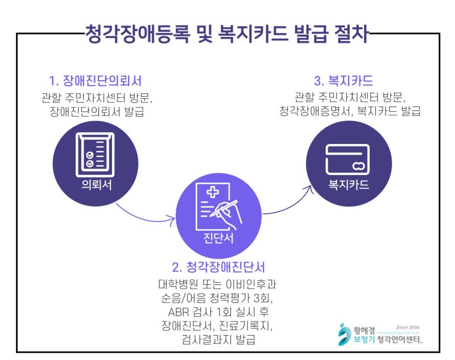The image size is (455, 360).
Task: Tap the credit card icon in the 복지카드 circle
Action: click(x=349, y=159)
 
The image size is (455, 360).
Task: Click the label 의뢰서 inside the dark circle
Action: click(x=95, y=184)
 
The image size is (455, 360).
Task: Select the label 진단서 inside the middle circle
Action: click(x=218, y=238)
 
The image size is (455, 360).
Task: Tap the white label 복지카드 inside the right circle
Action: click(x=349, y=185)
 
